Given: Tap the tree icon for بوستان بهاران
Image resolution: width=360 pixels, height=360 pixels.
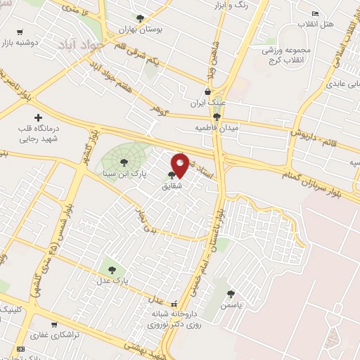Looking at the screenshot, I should [140, 18].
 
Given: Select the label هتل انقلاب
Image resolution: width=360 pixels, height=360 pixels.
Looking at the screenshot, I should [333, 24].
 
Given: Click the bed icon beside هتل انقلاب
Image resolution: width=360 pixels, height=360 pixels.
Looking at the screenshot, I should [314, 13].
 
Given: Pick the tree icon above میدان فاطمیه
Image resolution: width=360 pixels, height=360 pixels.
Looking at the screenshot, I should [217, 117].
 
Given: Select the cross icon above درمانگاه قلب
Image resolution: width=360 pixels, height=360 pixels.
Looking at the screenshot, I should [38, 118].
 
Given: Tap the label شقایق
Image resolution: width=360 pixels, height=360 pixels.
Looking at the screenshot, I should [172, 186].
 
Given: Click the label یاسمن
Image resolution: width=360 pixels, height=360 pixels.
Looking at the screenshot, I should [231, 306].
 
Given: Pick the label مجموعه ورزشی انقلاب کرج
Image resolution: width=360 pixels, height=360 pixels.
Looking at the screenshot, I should [281, 51].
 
